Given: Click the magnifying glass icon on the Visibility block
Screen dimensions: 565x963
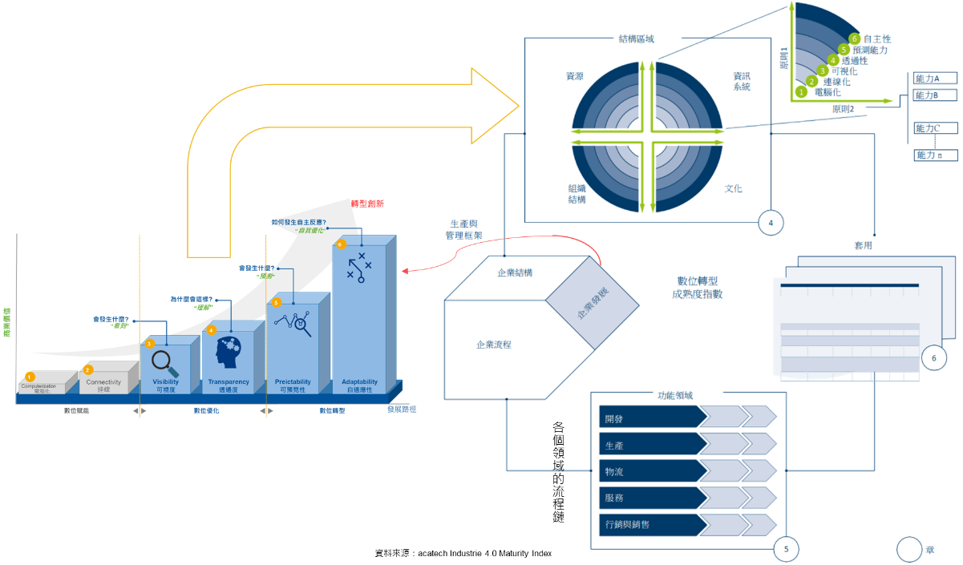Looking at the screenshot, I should click(165, 362).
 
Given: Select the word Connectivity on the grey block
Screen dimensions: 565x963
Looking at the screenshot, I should click(103, 382).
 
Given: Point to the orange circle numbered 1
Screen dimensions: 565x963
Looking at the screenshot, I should click(30, 376).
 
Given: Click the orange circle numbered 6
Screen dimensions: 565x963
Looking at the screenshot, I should click(341, 244).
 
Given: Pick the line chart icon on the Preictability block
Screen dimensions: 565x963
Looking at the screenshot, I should click(293, 324).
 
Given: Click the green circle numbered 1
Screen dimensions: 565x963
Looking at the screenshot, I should click(800, 92).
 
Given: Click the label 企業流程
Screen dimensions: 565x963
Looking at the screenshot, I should click(493, 345).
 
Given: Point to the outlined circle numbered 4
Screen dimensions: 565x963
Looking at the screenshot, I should click(771, 223).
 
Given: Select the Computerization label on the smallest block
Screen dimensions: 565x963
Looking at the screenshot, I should click(38, 386).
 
